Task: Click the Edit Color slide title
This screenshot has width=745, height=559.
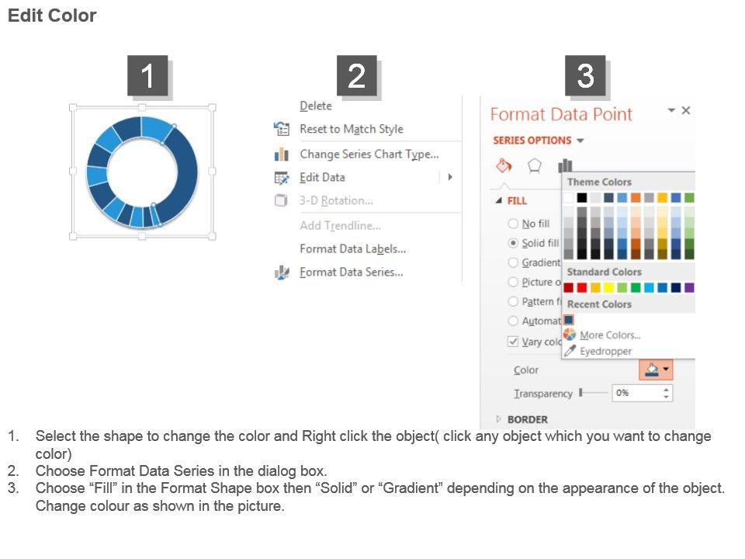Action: point(52,16)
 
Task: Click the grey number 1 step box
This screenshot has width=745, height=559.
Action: point(147,75)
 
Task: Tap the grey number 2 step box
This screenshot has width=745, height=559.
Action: point(357,75)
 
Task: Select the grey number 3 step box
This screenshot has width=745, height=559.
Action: point(585,75)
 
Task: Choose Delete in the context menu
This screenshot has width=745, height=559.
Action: point(316,106)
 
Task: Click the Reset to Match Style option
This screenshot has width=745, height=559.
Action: point(351,129)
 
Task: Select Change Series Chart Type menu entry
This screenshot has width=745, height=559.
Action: point(369,154)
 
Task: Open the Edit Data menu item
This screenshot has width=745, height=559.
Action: point(322,177)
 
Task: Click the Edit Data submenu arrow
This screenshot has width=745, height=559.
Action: point(450,177)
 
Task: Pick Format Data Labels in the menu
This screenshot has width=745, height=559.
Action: point(352,248)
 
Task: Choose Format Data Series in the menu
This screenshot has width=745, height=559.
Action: point(351,272)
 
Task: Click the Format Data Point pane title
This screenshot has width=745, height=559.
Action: point(561,114)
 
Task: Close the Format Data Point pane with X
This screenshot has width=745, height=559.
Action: point(685,110)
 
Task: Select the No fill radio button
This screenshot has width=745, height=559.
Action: point(513,224)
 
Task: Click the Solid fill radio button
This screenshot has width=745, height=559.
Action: point(513,243)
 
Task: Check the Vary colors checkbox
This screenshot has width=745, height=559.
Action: point(513,342)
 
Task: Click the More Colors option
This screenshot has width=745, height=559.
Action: point(610,335)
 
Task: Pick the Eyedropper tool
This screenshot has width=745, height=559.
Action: point(605,351)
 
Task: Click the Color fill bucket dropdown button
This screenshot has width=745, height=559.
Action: point(656,370)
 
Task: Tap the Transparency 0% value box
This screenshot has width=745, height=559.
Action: point(642,393)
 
